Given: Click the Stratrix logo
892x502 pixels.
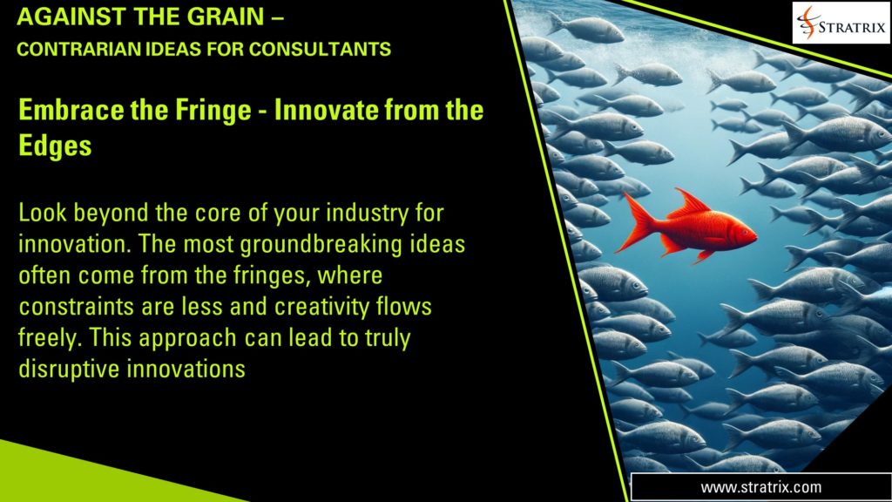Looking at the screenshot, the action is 841,24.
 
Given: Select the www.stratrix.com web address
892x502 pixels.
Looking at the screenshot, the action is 760,487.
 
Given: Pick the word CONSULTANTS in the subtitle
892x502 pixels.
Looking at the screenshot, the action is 320,50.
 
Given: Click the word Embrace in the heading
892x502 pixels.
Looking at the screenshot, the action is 71,110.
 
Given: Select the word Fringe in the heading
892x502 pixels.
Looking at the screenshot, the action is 213,111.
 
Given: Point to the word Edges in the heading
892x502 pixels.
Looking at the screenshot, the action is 55,146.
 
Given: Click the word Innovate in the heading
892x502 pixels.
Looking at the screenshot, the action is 326,110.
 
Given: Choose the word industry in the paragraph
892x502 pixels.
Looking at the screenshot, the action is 367,214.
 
